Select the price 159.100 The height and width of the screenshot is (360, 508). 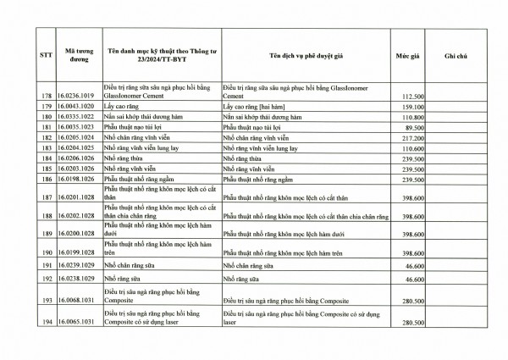click(411, 108)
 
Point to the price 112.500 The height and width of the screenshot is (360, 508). click(411, 97)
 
